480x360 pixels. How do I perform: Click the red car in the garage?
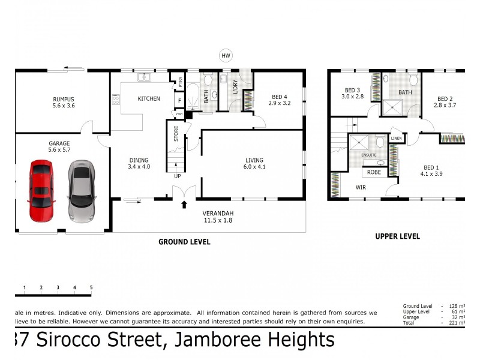(41, 191)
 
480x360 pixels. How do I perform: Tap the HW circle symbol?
(226, 56)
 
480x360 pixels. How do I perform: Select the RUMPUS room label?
(63, 100)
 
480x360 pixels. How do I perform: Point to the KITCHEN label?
(149, 98)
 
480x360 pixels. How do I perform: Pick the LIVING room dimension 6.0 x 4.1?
(254, 167)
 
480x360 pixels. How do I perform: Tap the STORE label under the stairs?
(176, 133)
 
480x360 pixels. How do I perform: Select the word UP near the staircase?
(177, 176)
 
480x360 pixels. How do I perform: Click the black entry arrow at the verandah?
(184, 206)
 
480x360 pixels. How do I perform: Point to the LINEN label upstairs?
(396, 139)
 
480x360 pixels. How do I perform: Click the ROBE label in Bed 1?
(374, 172)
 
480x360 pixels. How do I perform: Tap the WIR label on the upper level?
(361, 187)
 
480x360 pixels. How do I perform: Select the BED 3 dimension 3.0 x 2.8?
(353, 96)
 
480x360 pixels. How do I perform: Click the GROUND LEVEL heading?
(184, 242)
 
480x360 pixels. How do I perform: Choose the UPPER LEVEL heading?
(397, 236)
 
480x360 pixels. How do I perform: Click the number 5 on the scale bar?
(91, 288)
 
